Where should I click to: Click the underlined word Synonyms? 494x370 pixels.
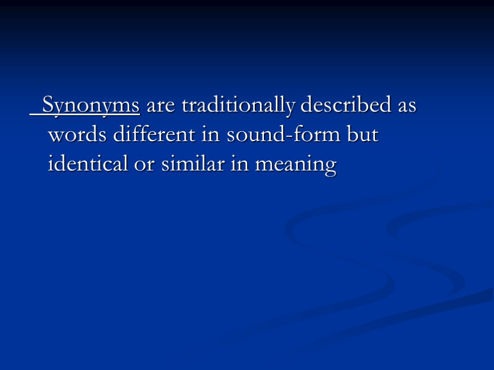pyautogui.click(x=91, y=106)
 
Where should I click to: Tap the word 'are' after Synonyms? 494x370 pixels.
pyautogui.click(x=161, y=106)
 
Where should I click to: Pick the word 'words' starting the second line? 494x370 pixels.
pyautogui.click(x=78, y=135)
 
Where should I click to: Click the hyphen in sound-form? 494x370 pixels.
pyautogui.click(x=287, y=137)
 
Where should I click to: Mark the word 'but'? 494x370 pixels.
pyautogui.click(x=363, y=135)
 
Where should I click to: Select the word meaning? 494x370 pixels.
pyautogui.click(x=295, y=166)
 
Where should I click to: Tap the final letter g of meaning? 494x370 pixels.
pyautogui.click(x=330, y=168)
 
